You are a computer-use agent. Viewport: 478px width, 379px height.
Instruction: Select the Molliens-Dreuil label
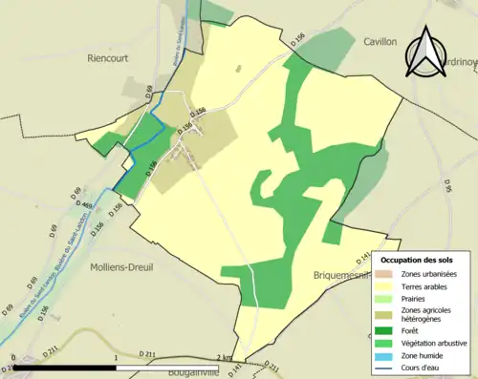126,267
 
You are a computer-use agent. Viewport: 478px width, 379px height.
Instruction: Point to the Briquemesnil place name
340,275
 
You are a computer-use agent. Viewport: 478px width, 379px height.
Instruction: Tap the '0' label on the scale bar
14,357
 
